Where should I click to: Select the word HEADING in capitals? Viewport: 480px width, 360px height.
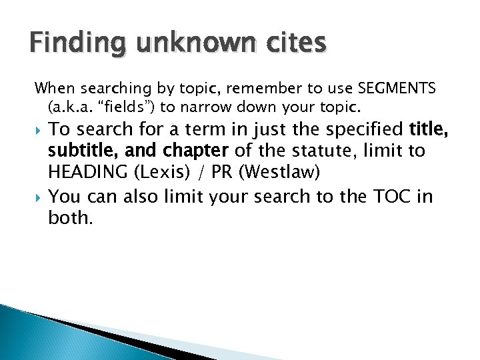click(x=89, y=173)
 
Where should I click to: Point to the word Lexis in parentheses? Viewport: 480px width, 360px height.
click(x=159, y=173)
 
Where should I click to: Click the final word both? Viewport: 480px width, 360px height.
click(x=70, y=219)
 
